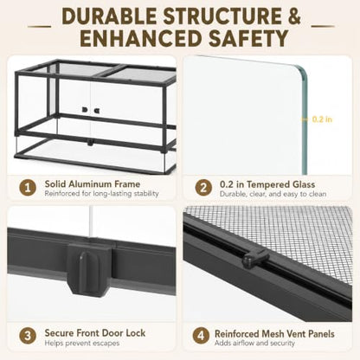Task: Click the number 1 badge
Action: point(28,188)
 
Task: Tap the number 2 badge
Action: point(203,188)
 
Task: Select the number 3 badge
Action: point(28,336)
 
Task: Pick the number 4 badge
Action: point(201,336)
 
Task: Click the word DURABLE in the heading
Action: point(110,16)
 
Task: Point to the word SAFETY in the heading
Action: point(248,38)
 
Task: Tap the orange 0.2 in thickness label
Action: point(322,119)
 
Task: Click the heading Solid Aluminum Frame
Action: point(93,183)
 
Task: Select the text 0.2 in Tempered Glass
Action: point(267,184)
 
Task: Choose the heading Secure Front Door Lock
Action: point(95,332)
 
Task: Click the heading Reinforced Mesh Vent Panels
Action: point(274,334)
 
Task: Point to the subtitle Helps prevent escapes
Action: point(82,343)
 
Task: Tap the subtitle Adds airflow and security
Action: point(254,343)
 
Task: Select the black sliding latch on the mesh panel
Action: point(255,258)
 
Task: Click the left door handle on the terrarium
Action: point(85,110)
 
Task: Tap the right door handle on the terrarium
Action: point(96,111)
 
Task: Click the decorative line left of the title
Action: point(39,27)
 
